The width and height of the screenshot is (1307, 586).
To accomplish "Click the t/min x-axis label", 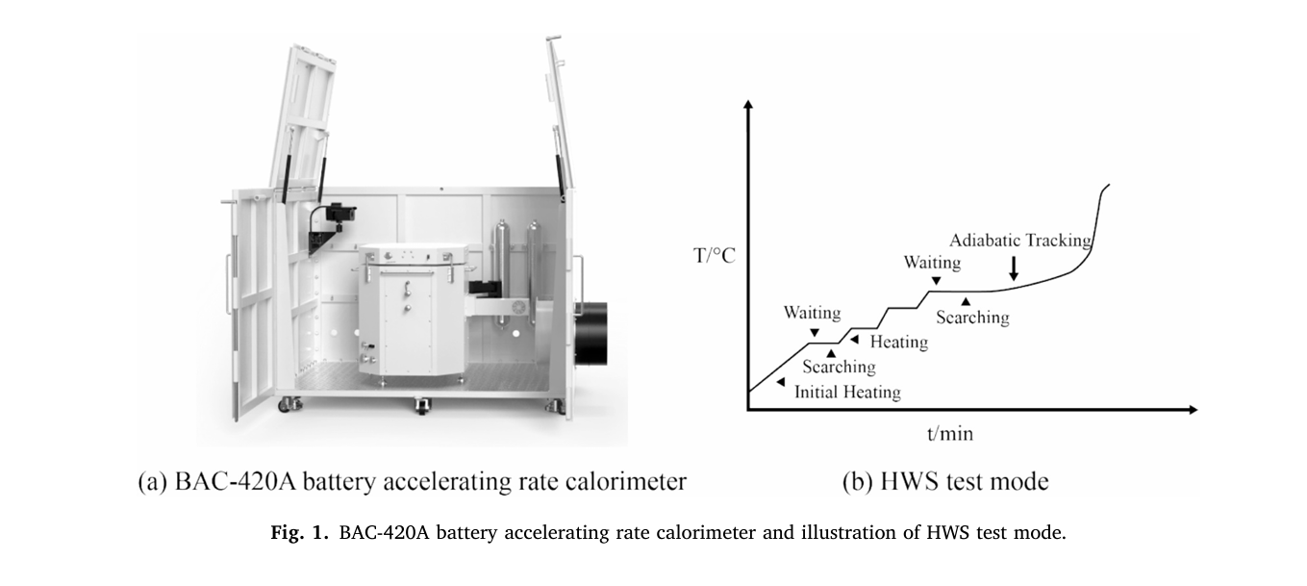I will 949,434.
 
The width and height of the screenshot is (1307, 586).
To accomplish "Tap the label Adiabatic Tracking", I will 1020,241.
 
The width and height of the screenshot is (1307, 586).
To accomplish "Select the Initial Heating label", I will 847,392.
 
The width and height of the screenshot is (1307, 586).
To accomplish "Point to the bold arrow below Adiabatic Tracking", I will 1014,269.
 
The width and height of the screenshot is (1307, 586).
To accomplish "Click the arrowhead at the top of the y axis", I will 748,104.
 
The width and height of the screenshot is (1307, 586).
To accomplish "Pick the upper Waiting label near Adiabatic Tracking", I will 932,263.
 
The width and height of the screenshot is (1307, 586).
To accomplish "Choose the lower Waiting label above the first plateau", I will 812,313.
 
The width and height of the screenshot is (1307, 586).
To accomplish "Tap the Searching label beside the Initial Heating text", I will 839,367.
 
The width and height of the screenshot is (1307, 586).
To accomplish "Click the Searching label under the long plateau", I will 972,317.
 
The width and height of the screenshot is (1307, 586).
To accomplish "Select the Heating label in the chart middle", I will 898,342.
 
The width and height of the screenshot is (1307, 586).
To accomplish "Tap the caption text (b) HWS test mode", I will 944,481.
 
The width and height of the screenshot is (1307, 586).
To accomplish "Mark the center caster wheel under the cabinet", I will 422,406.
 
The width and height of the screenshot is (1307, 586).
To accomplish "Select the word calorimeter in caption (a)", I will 622,481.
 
